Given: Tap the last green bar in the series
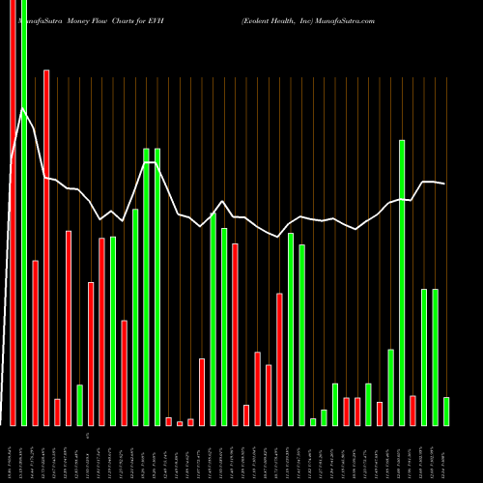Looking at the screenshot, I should pos(446,411).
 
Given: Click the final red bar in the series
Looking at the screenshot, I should pos(412,410).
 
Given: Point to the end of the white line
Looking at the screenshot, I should pos(445,184).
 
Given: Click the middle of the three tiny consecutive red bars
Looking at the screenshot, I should pos(180,422).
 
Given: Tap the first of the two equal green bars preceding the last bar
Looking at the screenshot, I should pos(424,356).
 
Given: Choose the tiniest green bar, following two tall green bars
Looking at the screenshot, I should pos(313,421).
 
